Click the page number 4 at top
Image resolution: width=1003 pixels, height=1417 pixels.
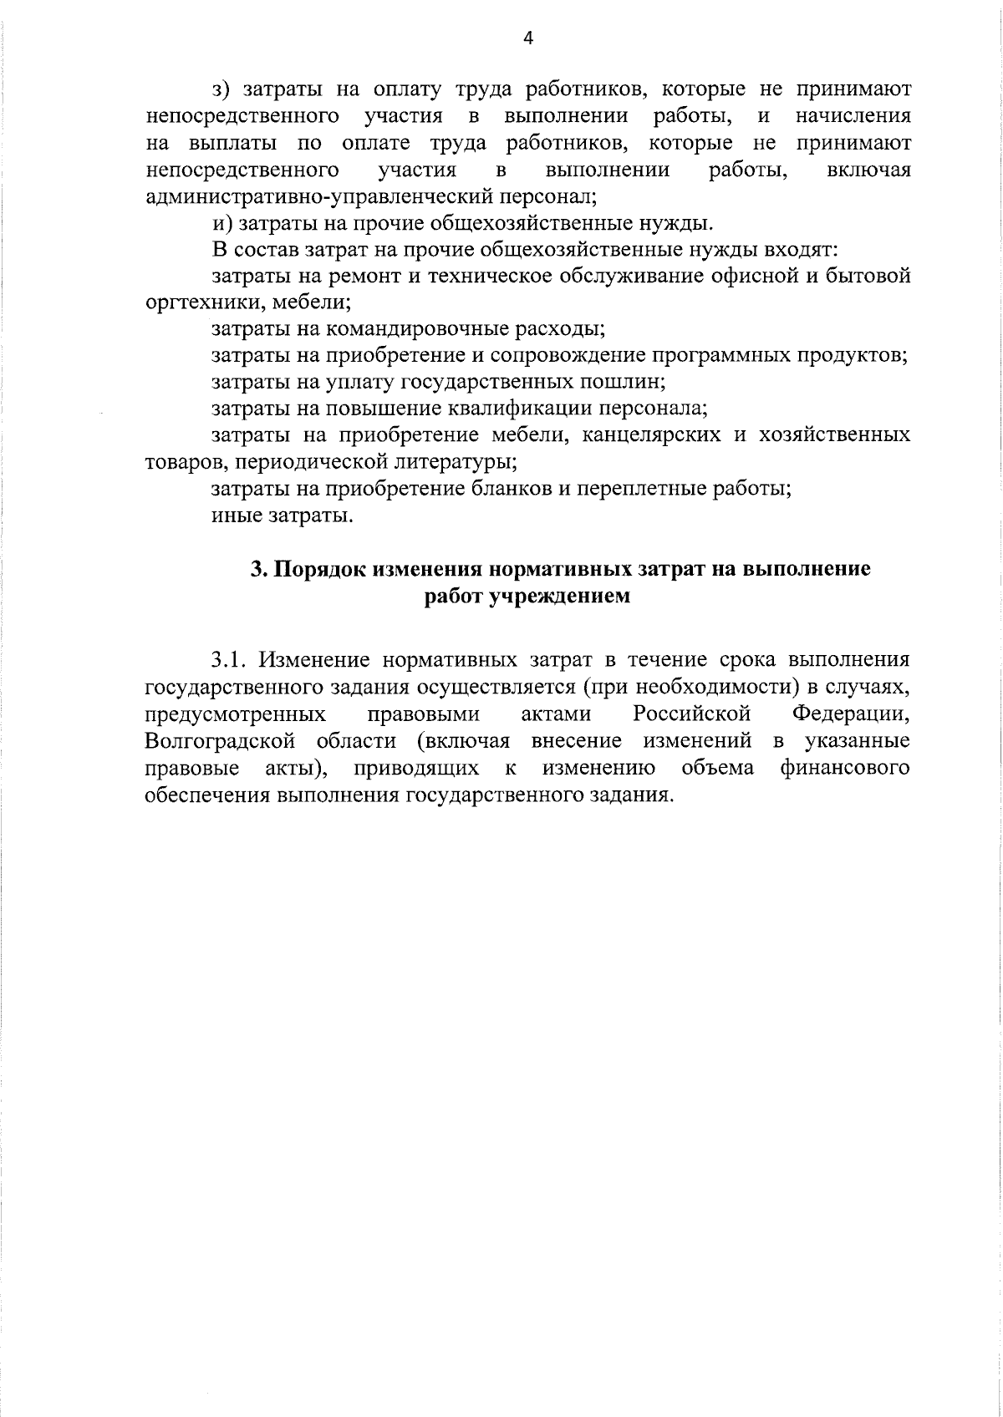click(x=527, y=38)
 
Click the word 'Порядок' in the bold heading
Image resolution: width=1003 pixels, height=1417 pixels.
click(x=321, y=570)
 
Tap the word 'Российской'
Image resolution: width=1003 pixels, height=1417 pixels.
click(x=691, y=714)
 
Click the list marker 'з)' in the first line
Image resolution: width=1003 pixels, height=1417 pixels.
click(x=221, y=90)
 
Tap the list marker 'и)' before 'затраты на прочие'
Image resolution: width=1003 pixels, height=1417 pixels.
click(x=221, y=223)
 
